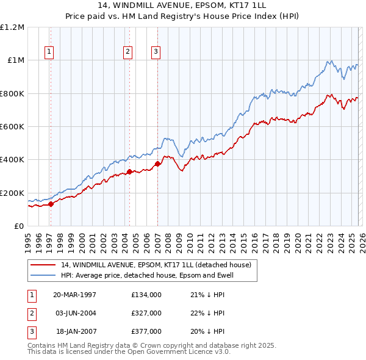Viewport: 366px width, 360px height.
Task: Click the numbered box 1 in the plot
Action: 48,52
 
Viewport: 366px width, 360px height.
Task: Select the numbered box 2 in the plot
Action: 128,52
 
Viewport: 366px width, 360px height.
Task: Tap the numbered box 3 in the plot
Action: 156,52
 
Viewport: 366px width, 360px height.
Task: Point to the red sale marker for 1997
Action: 51,204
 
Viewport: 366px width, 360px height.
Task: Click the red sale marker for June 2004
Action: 129,172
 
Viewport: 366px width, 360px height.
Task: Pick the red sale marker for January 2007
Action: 157,164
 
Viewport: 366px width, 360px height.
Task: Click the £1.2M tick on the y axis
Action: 13,27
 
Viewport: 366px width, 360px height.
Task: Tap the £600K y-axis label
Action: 13,127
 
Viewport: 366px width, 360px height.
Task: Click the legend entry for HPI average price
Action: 147,275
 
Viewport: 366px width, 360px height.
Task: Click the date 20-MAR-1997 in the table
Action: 74,295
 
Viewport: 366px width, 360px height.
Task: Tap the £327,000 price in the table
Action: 146,313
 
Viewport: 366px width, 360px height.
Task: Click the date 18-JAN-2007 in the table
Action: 74,331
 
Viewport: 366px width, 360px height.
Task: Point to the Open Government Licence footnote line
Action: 121,352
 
